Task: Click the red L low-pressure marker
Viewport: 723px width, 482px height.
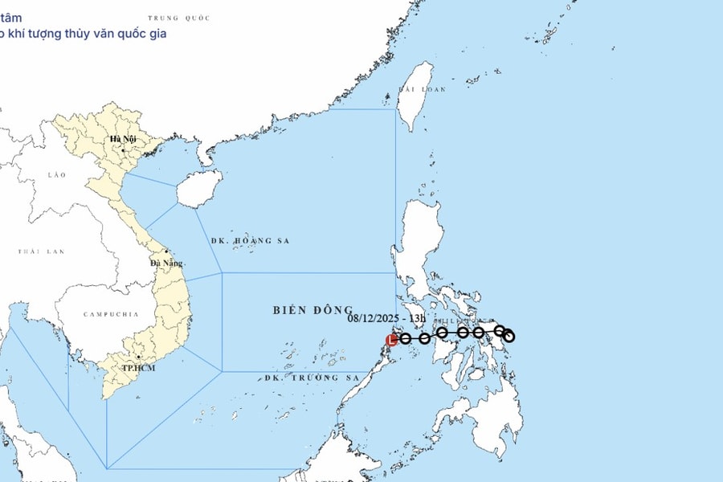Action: pos(392,340)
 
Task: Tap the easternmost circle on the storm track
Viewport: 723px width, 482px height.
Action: pos(509,337)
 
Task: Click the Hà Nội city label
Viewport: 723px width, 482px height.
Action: pos(125,139)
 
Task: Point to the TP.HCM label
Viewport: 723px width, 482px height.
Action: pos(137,367)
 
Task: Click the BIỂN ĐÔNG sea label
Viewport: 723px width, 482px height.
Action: pos(312,310)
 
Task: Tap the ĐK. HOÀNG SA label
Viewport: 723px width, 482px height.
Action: pos(249,241)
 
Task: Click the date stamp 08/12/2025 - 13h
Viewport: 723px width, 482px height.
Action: pos(386,318)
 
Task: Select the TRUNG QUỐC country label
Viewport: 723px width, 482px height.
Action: pos(179,18)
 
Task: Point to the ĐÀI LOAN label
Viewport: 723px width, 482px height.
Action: pos(423,89)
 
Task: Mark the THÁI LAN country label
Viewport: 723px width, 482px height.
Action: pos(40,251)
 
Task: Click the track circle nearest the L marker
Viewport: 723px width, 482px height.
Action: pos(406,338)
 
